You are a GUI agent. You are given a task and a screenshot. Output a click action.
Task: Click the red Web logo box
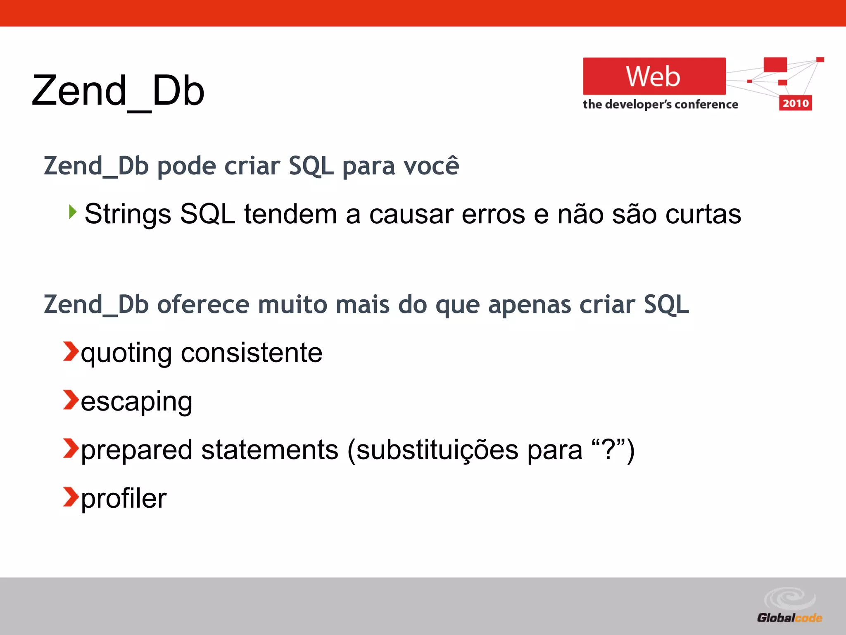654,76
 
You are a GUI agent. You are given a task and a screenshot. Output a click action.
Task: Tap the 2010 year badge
795,103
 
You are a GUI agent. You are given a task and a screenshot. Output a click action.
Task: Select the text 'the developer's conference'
660,104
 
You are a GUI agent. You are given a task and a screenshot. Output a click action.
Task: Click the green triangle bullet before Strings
73,212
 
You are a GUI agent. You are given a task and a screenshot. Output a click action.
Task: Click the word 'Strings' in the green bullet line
128,215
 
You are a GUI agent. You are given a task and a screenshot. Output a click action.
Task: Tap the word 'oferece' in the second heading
203,305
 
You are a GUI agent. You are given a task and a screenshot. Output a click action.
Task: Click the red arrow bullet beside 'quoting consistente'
71,351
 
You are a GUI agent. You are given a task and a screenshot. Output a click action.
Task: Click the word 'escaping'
136,402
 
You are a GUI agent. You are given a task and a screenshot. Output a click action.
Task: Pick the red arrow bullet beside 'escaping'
71,400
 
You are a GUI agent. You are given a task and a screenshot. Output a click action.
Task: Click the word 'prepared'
137,451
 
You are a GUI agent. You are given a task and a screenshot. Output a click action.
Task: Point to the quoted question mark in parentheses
607,450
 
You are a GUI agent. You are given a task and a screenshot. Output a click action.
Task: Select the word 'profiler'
124,499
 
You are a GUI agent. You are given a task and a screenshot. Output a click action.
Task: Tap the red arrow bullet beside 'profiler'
71,497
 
